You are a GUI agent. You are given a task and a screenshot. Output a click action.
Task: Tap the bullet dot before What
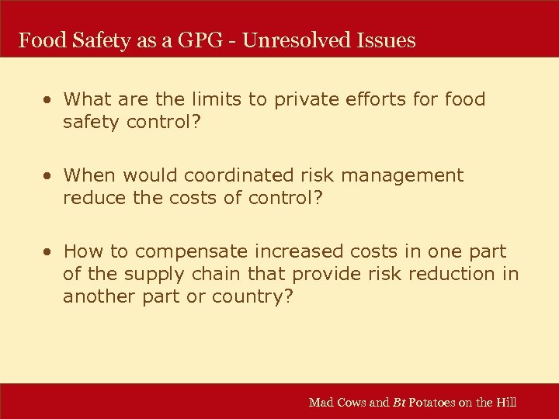coord(48,100)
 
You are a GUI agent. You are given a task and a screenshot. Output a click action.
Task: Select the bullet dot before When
coord(48,176)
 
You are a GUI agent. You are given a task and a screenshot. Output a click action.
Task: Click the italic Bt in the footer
coord(399,402)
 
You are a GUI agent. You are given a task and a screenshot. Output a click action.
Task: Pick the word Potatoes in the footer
coord(435,402)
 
